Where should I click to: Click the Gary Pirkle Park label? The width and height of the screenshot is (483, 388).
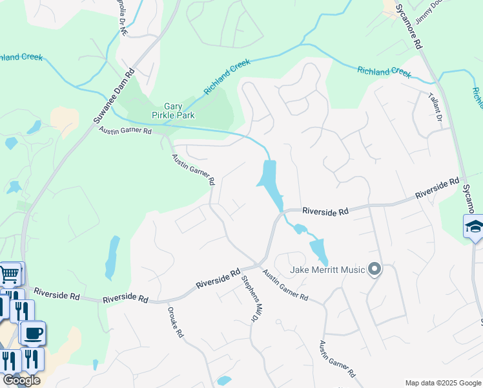(x=173, y=111)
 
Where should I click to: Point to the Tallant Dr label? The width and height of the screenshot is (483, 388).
(x=435, y=107)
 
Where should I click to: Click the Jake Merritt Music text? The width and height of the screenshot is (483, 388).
(x=327, y=269)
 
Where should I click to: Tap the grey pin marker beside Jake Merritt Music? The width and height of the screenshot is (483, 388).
(x=374, y=269)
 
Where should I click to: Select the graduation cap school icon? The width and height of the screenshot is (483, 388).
(x=474, y=227)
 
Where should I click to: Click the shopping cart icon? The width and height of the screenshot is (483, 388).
(x=10, y=274)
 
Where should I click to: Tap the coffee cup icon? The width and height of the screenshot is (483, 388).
(x=32, y=333)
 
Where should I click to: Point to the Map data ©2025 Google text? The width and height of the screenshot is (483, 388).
(x=442, y=383)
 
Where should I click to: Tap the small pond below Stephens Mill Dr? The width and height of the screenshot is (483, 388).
(x=224, y=380)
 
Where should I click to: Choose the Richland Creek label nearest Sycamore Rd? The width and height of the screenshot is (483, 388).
(x=384, y=72)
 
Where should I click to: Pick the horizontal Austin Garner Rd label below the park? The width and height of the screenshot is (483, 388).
(x=125, y=131)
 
